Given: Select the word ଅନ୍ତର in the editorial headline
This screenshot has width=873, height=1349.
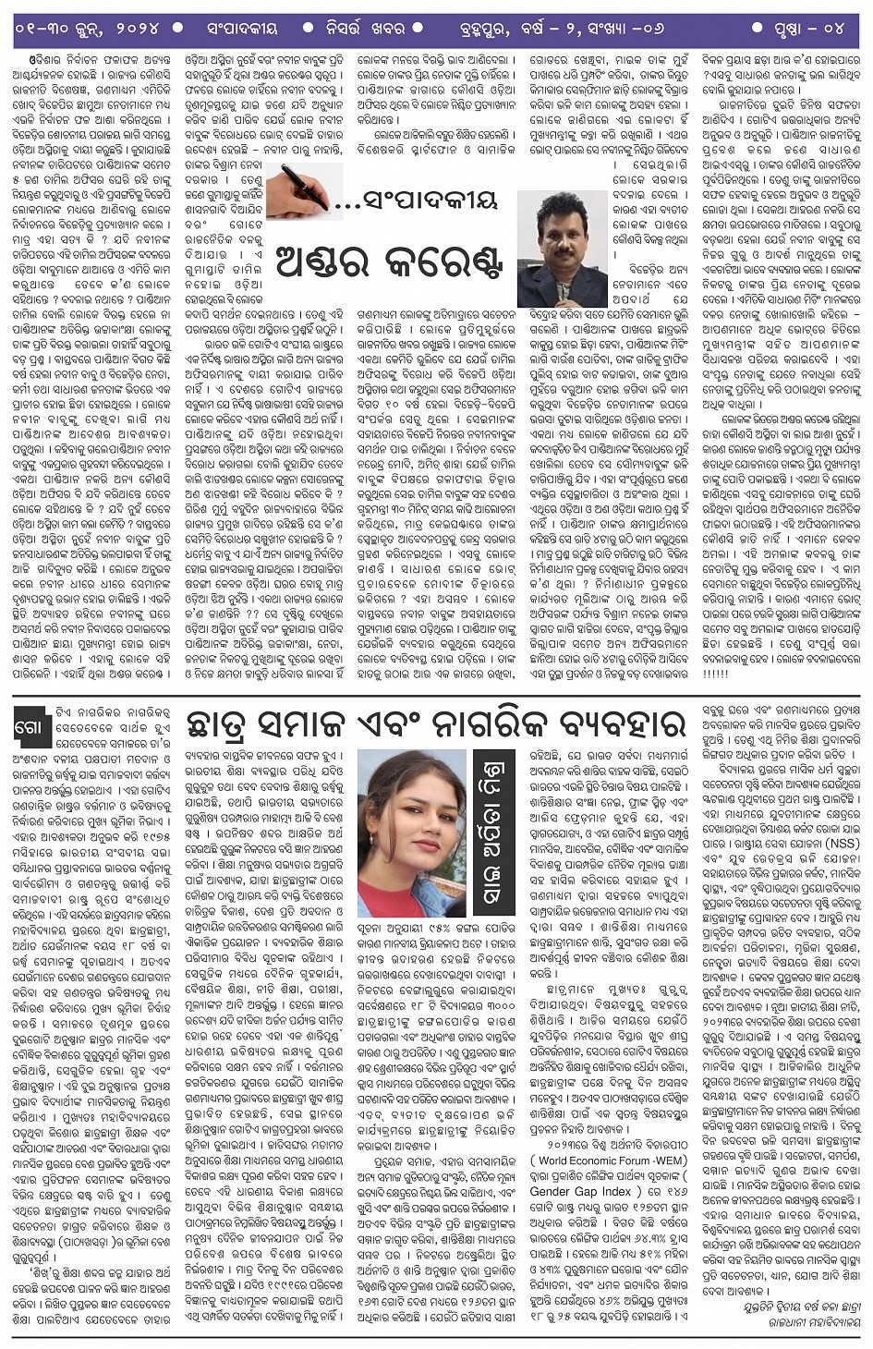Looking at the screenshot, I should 318,262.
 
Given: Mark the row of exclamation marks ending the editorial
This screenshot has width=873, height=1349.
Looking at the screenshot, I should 716,674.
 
